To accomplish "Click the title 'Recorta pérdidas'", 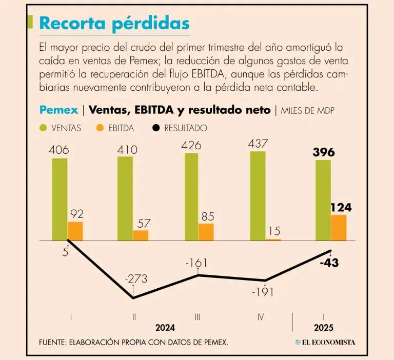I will pos(114,24).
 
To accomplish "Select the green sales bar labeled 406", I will pos(60,199).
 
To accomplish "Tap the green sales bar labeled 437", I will pos(258,196).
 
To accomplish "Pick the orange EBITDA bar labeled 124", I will pos(339,228).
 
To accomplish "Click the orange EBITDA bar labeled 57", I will pos(141,235).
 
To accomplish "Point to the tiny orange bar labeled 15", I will pos(273,239).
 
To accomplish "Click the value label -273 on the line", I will pos(136,279).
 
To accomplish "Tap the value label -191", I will pos(263,292).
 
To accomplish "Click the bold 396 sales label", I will pos(323,152).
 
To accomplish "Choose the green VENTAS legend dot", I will pos(43,128).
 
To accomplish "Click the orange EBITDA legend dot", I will pos(100,128).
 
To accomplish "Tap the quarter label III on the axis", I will pos(198,317).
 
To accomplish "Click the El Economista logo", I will pos(325,342).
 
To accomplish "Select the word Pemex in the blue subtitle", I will pos(58,110).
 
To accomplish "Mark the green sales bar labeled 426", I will pos(191,197).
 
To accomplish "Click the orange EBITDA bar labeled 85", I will pos(206,232).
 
